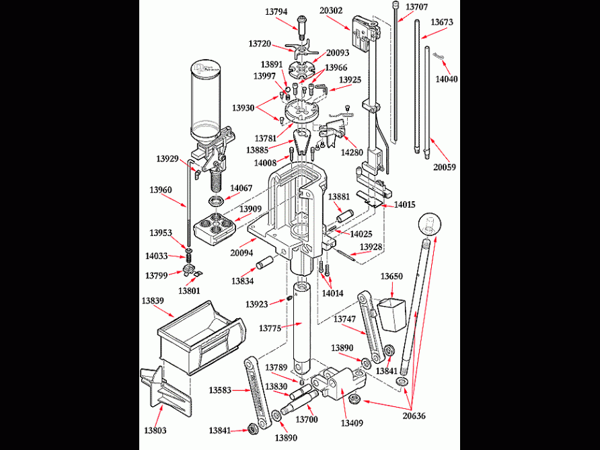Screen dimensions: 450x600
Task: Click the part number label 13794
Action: pyautogui.click(x=276, y=11)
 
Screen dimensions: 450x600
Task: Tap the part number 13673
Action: pyautogui.click(x=441, y=22)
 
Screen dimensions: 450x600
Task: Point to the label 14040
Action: pyautogui.click(x=447, y=79)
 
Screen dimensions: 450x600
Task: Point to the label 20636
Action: pyautogui.click(x=413, y=416)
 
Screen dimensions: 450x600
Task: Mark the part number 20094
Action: pyautogui.click(x=242, y=253)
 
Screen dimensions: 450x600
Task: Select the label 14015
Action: pyautogui.click(x=404, y=204)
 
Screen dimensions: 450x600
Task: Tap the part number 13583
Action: pyautogui.click(x=220, y=390)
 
